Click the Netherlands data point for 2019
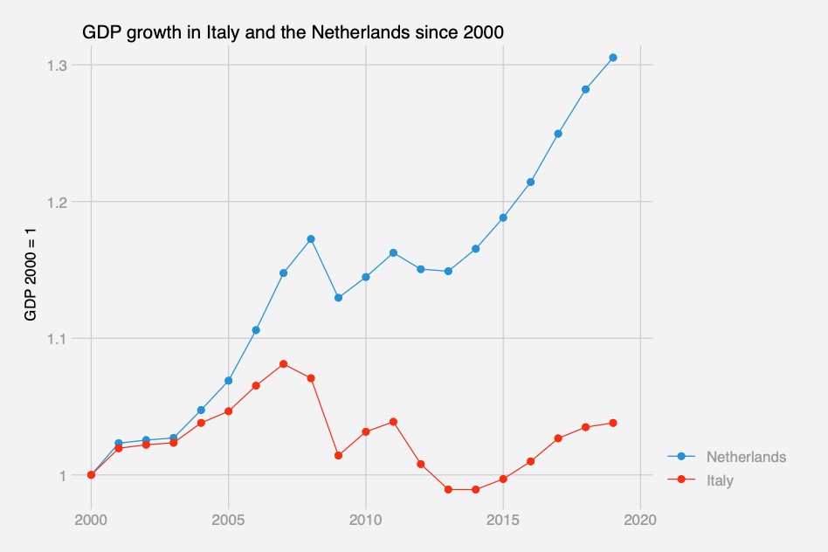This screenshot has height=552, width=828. pos(613,58)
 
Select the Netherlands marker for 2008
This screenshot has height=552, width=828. pos(311,238)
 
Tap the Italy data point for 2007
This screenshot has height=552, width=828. pos(283,363)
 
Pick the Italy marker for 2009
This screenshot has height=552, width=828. pos(338,455)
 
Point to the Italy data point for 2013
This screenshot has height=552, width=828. pos(448,489)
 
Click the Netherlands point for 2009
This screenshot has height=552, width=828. pos(338,297)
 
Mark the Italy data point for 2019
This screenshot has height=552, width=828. pos(613,423)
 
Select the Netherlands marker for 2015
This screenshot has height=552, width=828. pos(503,217)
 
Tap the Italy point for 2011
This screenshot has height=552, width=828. pos(393,422)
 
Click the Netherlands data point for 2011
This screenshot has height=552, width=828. pos(393,252)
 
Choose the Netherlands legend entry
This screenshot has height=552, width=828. pos(746,457)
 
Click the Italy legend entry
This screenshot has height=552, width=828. pos(720,480)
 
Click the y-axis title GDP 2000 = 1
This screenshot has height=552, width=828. pos(31,274)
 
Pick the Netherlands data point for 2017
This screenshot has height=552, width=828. pos(558,134)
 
